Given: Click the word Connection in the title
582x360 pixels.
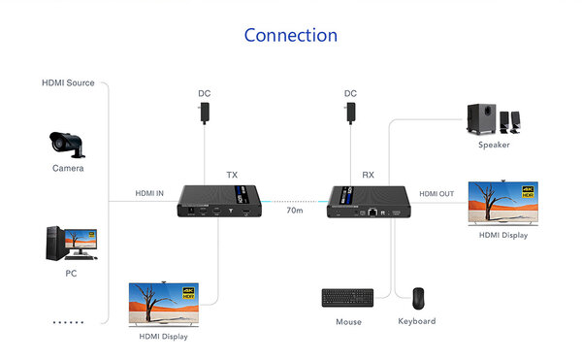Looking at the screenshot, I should pyautogui.click(x=291, y=36).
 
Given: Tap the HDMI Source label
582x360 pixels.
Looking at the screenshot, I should pyautogui.click(x=68, y=82).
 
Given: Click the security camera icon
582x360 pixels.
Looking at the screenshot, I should pyautogui.click(x=68, y=143).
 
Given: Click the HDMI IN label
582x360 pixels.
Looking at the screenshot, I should pyautogui.click(x=148, y=194).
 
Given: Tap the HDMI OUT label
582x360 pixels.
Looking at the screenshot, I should pyautogui.click(x=436, y=194).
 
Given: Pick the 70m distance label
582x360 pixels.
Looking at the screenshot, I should pyautogui.click(x=294, y=210).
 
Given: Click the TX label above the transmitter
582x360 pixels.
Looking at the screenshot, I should pyautogui.click(x=232, y=175).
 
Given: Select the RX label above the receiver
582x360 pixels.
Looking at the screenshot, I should pyautogui.click(x=368, y=175).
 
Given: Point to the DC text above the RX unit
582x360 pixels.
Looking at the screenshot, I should pyautogui.click(x=350, y=94).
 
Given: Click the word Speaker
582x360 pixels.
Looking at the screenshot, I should pyautogui.click(x=493, y=146).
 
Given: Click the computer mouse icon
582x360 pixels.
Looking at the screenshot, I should pyautogui.click(x=417, y=297).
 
